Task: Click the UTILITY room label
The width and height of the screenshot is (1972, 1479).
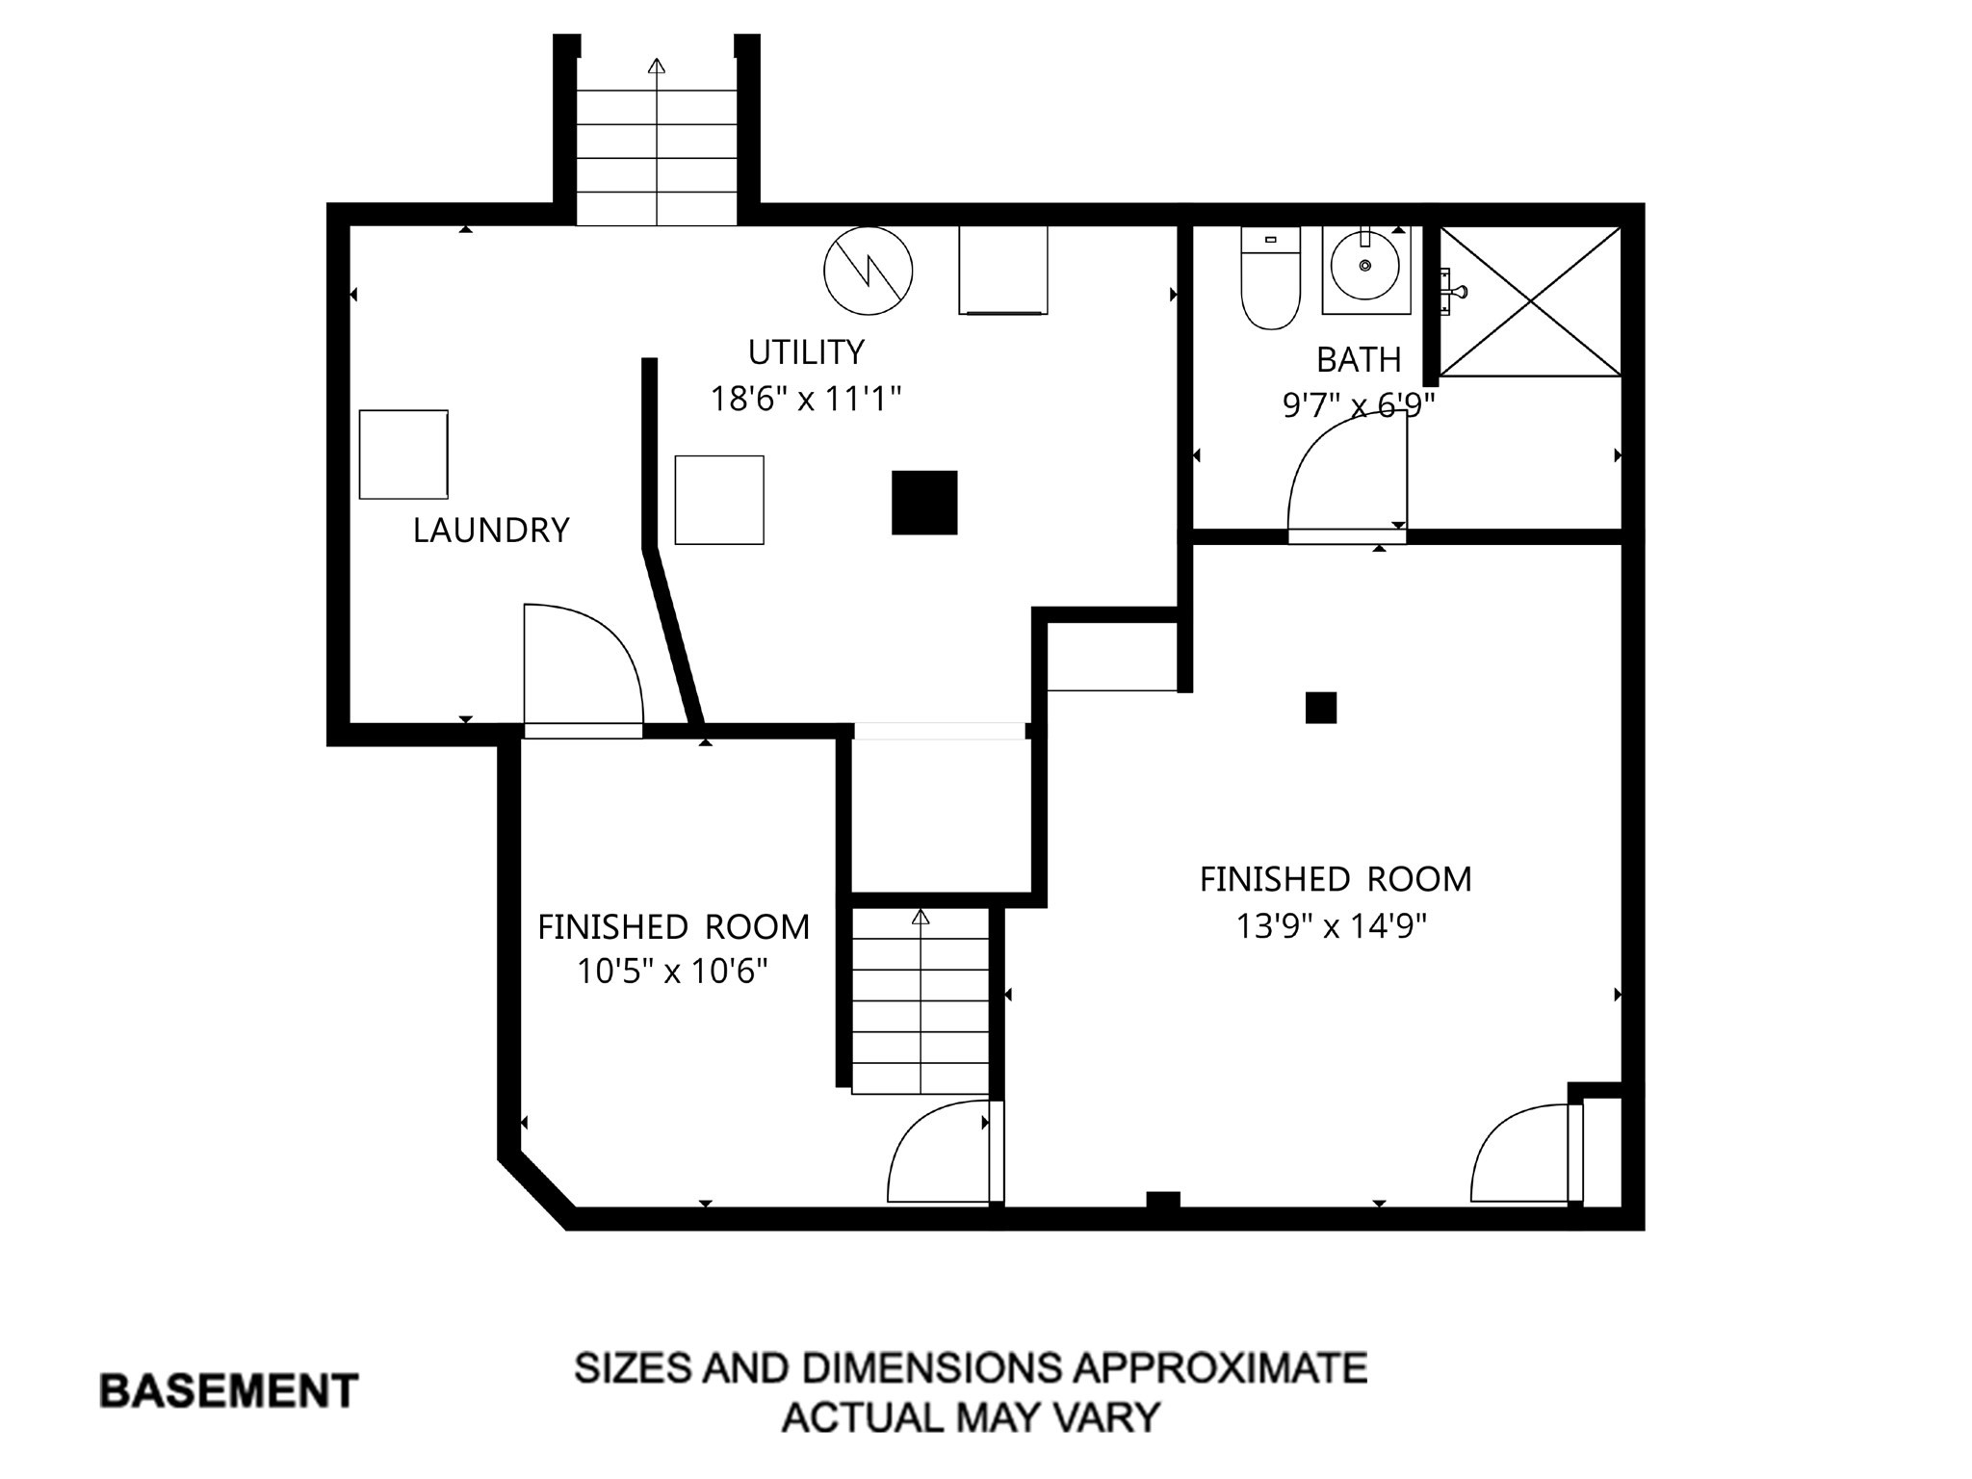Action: click(806, 352)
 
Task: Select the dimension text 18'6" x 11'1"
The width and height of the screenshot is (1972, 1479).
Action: click(806, 399)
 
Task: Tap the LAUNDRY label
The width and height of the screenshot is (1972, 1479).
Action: click(491, 531)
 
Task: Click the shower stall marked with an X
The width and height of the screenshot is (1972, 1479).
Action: click(1530, 301)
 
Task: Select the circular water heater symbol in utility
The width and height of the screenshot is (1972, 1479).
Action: click(869, 271)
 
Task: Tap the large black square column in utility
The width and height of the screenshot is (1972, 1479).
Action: click(924, 503)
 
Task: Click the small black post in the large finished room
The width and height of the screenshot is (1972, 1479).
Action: click(1321, 708)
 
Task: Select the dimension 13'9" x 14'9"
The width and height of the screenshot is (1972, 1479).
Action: click(1332, 926)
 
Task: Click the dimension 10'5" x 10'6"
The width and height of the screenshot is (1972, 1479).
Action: click(672, 972)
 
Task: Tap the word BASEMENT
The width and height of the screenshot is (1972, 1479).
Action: click(229, 1391)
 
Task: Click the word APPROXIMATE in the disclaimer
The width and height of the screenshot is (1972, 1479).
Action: click(1220, 1368)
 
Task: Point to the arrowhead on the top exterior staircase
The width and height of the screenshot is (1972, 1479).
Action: click(657, 66)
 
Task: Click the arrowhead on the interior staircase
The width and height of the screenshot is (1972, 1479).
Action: click(921, 917)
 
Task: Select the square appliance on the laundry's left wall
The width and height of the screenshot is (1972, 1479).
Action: click(403, 454)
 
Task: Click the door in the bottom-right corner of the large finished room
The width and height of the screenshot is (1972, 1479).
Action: click(1521, 1155)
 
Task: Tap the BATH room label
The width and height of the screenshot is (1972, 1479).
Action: click(1358, 360)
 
